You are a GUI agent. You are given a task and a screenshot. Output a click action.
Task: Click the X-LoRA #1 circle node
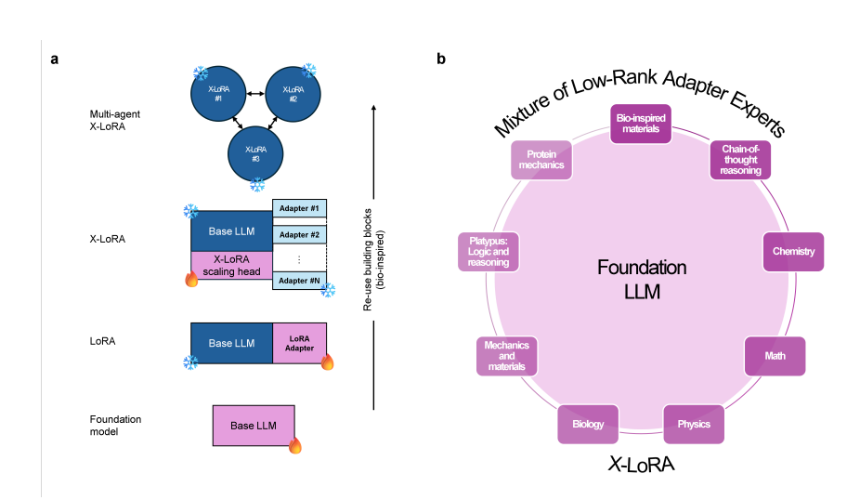[x=218, y=93]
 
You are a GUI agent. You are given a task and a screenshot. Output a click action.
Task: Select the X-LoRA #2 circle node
[x=293, y=93]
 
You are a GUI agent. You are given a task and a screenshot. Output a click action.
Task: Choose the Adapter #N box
[x=299, y=281]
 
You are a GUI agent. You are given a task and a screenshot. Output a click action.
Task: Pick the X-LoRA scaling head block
[x=231, y=266]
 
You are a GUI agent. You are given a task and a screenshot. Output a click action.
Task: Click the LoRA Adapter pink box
[x=300, y=342]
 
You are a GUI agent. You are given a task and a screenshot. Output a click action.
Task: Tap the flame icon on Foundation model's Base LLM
[x=295, y=446]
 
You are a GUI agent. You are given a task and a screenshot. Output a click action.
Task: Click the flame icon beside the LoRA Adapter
[x=327, y=362]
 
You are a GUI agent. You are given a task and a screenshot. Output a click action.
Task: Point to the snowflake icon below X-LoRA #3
[x=257, y=185]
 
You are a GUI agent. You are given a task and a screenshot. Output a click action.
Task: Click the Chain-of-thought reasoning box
[x=741, y=159]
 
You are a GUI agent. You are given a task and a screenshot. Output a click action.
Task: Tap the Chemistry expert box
[x=793, y=251]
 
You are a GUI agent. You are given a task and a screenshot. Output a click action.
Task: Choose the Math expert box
[x=775, y=356]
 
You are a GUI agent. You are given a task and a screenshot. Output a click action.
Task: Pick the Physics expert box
[x=694, y=424]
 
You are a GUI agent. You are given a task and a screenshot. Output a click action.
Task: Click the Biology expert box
[x=588, y=424]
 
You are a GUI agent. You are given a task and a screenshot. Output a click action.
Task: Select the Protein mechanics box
[x=541, y=160]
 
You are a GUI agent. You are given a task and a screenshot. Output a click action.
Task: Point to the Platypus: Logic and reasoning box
[x=489, y=251]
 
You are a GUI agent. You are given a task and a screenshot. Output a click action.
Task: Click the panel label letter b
[x=441, y=59]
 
